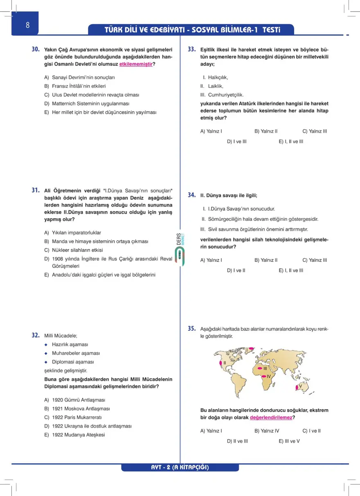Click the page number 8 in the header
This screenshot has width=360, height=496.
click(27, 25)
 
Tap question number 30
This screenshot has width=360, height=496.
click(36, 49)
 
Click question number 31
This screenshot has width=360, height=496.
click(36, 190)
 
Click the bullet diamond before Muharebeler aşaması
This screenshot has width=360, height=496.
click(47, 353)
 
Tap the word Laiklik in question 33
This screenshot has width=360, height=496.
click(215, 86)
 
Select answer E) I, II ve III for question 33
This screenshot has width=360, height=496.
click(291, 142)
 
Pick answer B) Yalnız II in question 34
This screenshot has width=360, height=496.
click(266, 260)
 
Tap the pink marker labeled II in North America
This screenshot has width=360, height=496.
click(221, 363)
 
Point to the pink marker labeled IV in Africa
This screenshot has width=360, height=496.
click(264, 376)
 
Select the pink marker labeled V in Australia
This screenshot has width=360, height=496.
click(296, 387)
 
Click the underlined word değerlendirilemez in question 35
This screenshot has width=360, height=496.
click(271, 417)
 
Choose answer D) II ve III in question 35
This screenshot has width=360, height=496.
click(237, 441)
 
